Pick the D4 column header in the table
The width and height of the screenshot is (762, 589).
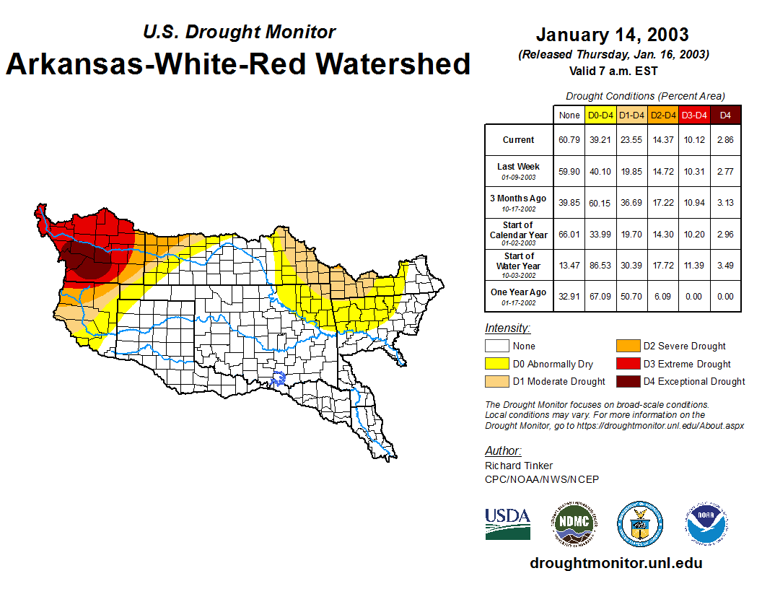[725, 115]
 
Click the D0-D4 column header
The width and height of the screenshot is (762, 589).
[600, 115]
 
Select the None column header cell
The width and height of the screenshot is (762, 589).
[569, 115]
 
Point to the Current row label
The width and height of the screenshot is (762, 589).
[518, 140]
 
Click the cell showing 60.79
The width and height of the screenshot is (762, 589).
[569, 140]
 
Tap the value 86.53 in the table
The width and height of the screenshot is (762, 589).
[600, 266]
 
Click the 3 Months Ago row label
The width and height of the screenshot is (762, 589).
[518, 202]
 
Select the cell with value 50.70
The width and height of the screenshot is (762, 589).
[632, 296]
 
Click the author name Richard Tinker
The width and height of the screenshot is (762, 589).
[519, 466]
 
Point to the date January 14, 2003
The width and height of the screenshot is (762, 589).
[612, 35]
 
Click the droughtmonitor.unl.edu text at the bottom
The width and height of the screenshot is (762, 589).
[616, 563]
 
